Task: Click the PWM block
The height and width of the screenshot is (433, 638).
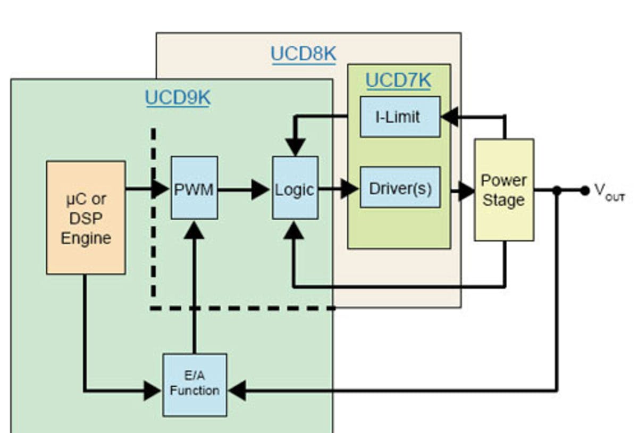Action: (x=194, y=188)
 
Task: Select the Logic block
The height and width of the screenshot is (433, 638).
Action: (x=295, y=188)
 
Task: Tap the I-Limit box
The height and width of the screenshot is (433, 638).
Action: (x=400, y=116)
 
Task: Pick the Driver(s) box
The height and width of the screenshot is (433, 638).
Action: (x=400, y=187)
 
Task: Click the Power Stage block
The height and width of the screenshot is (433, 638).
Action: (x=503, y=190)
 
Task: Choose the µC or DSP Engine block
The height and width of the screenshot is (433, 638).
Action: (x=86, y=218)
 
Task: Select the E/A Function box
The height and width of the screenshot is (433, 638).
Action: (x=195, y=385)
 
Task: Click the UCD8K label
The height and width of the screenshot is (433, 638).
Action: (x=303, y=54)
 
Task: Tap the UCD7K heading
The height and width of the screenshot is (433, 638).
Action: (x=398, y=80)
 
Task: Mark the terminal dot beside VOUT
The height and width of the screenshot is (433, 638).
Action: (x=585, y=190)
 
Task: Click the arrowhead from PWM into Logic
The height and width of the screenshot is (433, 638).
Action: (x=261, y=189)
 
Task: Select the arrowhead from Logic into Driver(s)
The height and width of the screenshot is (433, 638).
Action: (x=349, y=188)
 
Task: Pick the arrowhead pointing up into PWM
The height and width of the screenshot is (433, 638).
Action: (x=195, y=230)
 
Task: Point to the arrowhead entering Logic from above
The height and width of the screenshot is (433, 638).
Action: (x=296, y=146)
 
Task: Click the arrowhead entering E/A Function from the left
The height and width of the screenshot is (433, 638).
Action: (x=153, y=391)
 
